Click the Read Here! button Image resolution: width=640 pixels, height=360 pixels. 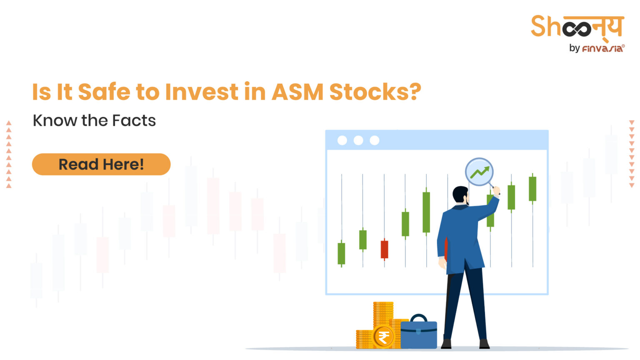tap(101, 164)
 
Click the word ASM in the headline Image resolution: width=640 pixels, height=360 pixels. tap(297, 92)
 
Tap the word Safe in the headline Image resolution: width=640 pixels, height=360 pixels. tap(104, 92)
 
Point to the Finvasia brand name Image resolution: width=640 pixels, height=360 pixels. tap(602, 49)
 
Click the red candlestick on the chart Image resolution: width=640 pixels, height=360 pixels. tap(384, 249)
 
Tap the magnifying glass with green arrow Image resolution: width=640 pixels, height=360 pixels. tap(480, 172)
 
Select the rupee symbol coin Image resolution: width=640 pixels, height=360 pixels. tap(383, 337)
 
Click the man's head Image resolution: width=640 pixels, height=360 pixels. tap(460, 195)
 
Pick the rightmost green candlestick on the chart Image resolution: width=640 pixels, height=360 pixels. tap(532, 189)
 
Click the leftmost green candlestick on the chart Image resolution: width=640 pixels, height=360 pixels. tap(341, 253)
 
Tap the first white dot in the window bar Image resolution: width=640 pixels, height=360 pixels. tap(342, 140)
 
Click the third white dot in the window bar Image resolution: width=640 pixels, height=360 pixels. tap(375, 140)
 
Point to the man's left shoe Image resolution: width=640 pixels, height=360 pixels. tap(446, 344)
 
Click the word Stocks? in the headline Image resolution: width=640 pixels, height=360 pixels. tap(375, 92)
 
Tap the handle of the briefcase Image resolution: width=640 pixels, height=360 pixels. tap(418, 317)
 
